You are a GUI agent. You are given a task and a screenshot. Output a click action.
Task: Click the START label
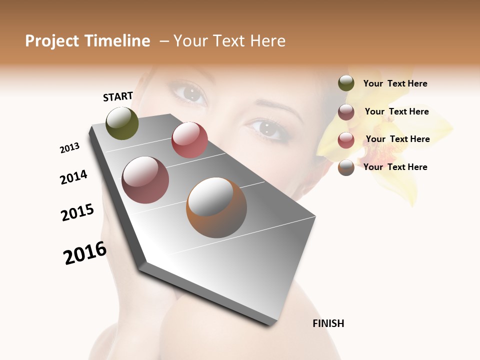pos(118,96)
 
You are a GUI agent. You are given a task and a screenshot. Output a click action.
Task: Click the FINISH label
pos(328,323)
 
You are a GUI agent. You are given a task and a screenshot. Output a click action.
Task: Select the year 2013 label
pos(69,148)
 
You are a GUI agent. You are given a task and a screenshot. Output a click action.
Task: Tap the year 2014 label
pos(73,177)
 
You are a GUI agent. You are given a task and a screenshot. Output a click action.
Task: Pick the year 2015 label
pos(77,212)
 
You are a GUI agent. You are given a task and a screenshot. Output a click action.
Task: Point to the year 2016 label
pos(85,253)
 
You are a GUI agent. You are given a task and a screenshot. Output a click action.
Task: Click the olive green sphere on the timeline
pos(122,123)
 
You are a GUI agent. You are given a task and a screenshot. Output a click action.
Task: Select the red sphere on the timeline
pos(189,140)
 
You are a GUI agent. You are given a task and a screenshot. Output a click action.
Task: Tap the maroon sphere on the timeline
pos(145,180)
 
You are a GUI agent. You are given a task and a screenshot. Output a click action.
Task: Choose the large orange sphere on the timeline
pos(216,207)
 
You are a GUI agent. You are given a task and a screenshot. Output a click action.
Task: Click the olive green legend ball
pos(346,83)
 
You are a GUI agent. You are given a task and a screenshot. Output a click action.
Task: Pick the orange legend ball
pos(346,167)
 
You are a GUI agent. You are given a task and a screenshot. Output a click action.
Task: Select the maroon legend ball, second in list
pos(346,111)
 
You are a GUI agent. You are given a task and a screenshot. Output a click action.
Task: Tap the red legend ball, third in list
pos(346,139)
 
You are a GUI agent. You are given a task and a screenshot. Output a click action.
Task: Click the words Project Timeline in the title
pos(87,41)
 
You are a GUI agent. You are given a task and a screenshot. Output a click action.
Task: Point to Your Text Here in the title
pos(229,41)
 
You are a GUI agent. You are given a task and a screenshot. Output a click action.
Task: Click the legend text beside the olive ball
pos(395,83)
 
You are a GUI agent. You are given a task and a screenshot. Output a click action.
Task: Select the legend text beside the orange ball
pos(395,167)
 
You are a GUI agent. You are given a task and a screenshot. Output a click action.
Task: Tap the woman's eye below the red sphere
pos(189,93)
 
